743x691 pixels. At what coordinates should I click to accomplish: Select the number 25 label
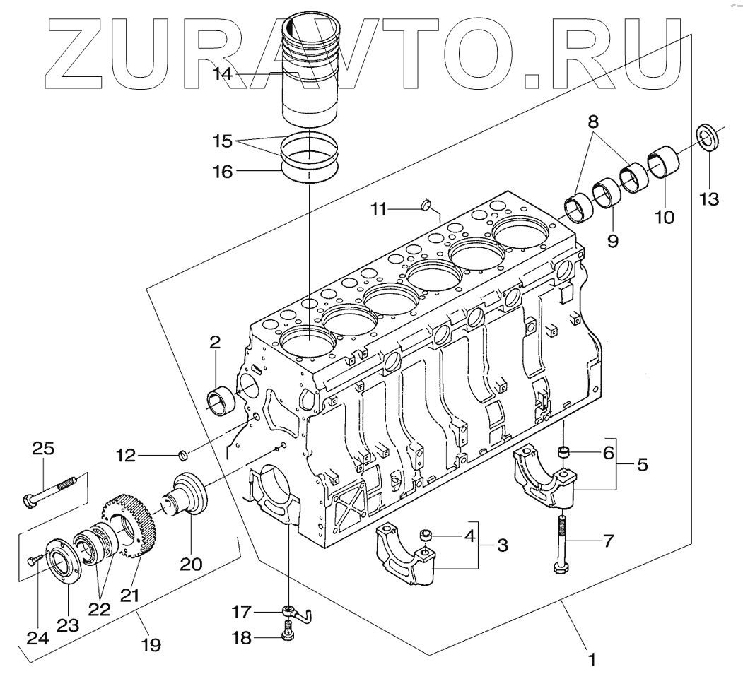click(43, 449)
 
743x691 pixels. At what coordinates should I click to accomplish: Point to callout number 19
click(151, 644)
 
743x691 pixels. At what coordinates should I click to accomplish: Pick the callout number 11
click(380, 208)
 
